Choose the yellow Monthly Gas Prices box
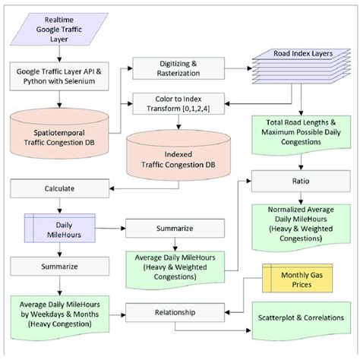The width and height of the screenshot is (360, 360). click(292, 279)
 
